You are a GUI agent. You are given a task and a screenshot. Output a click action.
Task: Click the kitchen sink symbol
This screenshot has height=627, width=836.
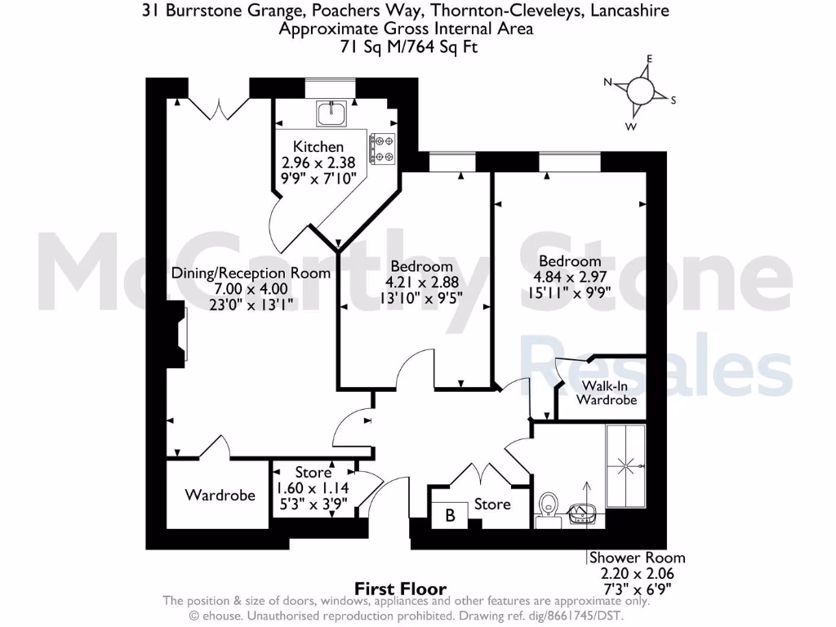(x=331, y=114)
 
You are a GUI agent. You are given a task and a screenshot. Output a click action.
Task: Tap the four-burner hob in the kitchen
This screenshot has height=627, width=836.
(x=382, y=149)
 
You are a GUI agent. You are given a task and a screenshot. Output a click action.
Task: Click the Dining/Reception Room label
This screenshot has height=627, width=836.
(x=251, y=273)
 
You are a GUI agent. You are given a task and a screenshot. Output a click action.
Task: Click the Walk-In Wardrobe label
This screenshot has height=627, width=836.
(x=606, y=393)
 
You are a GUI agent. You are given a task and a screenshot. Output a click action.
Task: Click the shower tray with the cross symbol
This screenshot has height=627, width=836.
(x=625, y=465)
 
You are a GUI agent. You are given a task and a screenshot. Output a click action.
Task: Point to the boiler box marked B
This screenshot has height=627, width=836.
(x=449, y=515)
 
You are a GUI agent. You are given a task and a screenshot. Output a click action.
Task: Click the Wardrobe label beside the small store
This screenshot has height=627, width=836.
(x=220, y=495)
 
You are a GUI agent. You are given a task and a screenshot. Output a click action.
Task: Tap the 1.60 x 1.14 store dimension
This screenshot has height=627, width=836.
(x=313, y=487)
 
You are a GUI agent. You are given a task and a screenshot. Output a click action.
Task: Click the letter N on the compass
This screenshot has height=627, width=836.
(x=608, y=82)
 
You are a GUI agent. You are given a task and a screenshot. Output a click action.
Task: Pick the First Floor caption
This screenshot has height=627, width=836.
(x=401, y=589)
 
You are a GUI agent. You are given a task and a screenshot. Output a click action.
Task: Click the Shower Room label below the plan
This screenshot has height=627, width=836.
(x=638, y=558)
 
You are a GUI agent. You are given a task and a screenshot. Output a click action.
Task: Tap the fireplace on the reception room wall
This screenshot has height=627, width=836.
(x=177, y=334)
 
